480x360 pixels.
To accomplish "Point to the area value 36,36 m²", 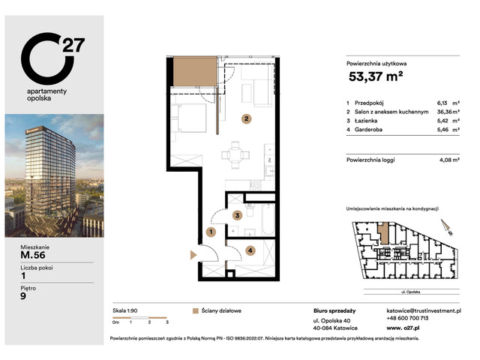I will click(440, 112).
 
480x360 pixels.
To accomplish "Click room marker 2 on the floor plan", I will click(244, 118).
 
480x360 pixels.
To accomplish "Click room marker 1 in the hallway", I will click(211, 232).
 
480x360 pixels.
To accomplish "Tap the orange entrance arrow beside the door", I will click(194, 256).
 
